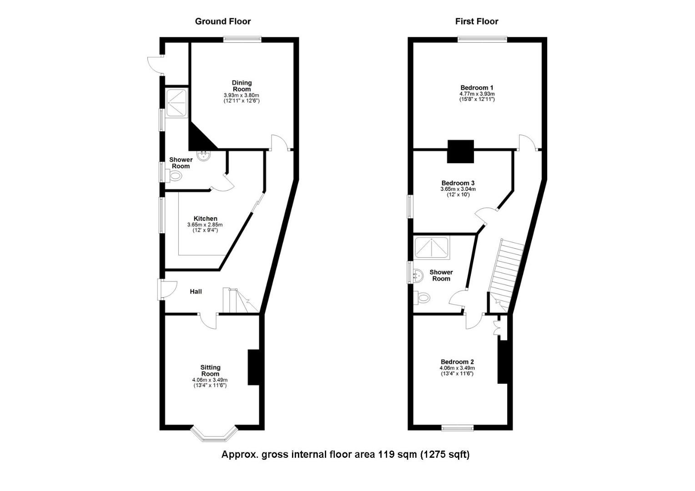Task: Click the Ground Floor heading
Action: point(222,21)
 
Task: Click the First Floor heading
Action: point(477,21)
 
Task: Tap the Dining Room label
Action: point(242,86)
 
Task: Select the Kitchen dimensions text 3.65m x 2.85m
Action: point(205,225)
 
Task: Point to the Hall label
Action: point(196,291)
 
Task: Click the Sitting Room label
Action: point(210,371)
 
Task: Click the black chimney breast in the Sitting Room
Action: point(253,367)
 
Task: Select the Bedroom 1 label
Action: point(477,88)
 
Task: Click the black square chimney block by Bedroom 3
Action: point(461,151)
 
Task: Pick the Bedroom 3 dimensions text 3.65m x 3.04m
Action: point(458,189)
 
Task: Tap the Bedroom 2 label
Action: point(457,362)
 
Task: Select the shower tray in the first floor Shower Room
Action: point(433,247)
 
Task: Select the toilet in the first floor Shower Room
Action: point(423,298)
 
